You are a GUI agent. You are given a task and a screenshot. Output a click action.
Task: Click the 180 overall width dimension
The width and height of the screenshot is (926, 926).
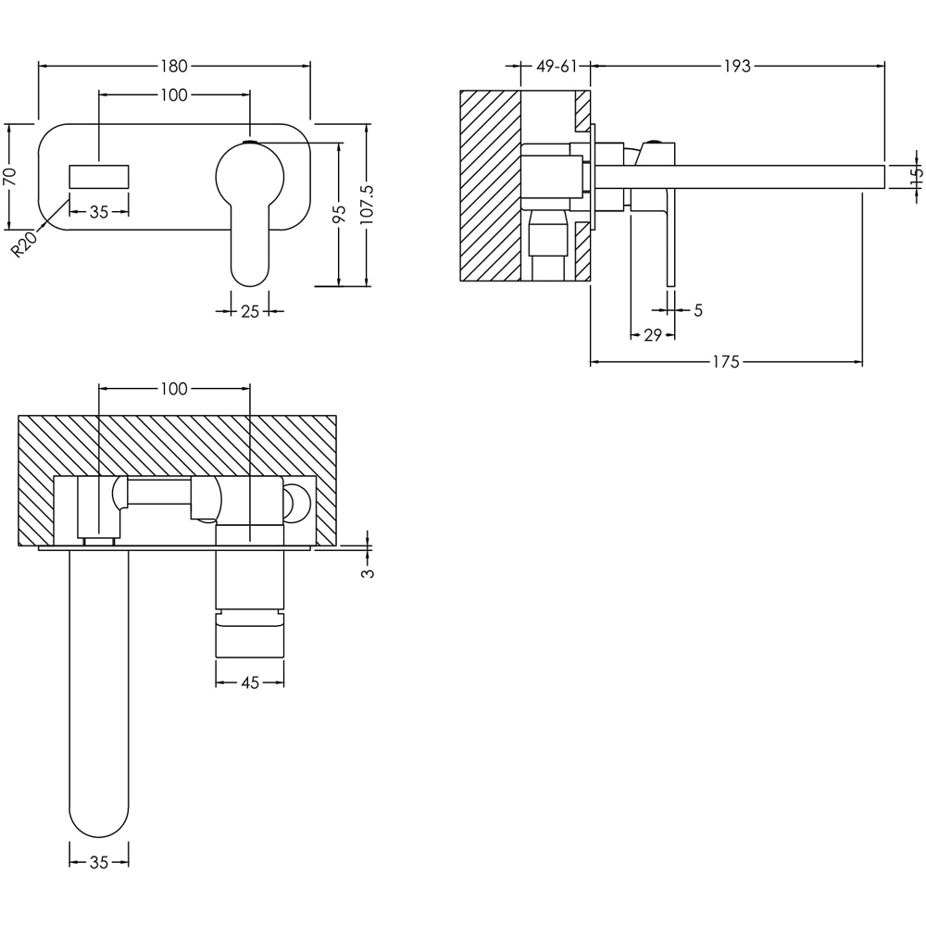tap(174, 66)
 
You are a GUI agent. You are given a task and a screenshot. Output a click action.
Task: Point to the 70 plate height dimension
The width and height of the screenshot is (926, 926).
tap(10, 176)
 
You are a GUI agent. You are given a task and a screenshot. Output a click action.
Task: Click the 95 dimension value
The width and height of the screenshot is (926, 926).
tap(340, 214)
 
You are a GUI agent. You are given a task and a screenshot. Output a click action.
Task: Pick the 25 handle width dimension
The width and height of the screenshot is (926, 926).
tap(249, 311)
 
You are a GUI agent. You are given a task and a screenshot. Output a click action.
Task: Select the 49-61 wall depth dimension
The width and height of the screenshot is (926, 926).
tap(557, 66)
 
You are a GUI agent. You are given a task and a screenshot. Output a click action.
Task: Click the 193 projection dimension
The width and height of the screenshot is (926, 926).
tap(737, 66)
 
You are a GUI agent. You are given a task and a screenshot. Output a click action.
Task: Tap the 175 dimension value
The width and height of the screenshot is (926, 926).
tap(727, 362)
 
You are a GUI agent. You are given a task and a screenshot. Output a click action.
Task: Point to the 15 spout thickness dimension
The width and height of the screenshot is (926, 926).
tap(915, 177)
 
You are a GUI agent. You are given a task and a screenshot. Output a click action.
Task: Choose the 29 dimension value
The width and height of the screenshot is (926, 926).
tap(652, 335)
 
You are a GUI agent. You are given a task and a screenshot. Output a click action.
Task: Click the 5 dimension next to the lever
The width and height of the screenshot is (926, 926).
tap(697, 310)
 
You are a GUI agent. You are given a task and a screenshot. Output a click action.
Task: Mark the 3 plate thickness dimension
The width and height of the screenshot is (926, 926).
tap(368, 572)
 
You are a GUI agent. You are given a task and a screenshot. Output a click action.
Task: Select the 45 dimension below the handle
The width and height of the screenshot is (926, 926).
tap(249, 683)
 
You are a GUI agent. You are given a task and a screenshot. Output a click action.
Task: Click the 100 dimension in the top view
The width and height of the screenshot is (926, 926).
tap(174, 389)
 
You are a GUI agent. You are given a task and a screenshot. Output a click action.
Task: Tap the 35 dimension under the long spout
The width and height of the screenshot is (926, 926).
tap(99, 862)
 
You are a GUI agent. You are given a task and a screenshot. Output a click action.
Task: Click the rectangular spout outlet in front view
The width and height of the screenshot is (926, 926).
tap(99, 177)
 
